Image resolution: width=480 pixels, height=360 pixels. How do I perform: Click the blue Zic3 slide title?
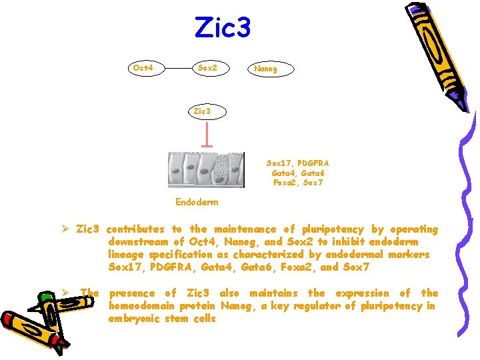pyautogui.click(x=223, y=27)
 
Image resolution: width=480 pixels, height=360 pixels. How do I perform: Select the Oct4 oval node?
pyautogui.click(x=144, y=68)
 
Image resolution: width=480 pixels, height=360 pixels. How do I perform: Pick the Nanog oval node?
pyautogui.click(x=265, y=68)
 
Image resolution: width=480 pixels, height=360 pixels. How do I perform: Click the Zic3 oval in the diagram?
pyautogui.click(x=202, y=111)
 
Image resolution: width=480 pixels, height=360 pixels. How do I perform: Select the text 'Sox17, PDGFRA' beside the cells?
pyautogui.click(x=298, y=163)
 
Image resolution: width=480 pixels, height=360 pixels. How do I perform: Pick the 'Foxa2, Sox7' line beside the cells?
pyautogui.click(x=298, y=183)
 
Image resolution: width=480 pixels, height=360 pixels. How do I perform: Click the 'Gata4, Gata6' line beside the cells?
pyautogui.click(x=298, y=173)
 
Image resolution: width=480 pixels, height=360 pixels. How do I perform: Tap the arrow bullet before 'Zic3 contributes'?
pyautogui.click(x=66, y=229)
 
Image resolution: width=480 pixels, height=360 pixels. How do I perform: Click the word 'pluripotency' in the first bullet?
pyautogui.click(x=334, y=229)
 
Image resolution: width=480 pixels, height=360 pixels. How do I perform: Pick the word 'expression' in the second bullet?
pyautogui.click(x=360, y=293)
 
